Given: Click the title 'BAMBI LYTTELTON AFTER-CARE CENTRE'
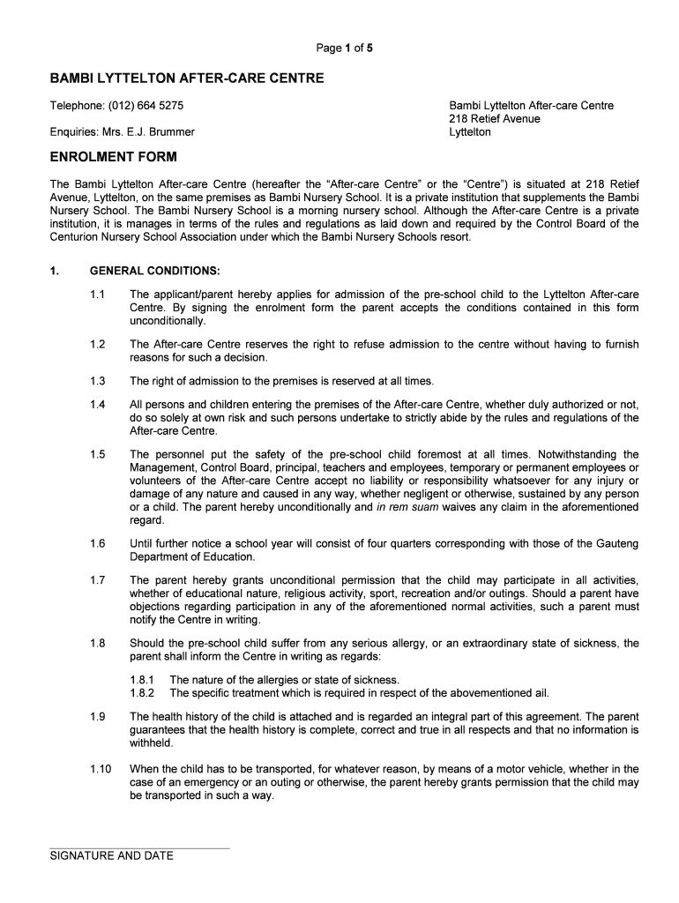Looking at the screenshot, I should click(187, 79).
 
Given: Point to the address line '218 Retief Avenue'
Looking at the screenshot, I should click(495, 119).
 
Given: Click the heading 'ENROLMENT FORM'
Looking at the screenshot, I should click(114, 157).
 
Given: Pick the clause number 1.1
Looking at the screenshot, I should click(97, 294).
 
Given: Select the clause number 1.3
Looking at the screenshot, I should click(97, 381).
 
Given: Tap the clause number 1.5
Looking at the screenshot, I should click(97, 454).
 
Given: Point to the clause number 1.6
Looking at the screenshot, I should click(97, 544).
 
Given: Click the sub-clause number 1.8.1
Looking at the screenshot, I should click(142, 680).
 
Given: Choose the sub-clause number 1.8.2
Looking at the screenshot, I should click(142, 693).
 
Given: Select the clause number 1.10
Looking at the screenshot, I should click(100, 769).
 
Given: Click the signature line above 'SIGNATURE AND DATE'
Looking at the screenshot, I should click(139, 848).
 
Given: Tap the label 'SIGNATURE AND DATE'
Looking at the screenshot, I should click(112, 856).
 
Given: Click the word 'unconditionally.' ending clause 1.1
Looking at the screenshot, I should click(168, 321).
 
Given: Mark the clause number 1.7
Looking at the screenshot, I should click(97, 580).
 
